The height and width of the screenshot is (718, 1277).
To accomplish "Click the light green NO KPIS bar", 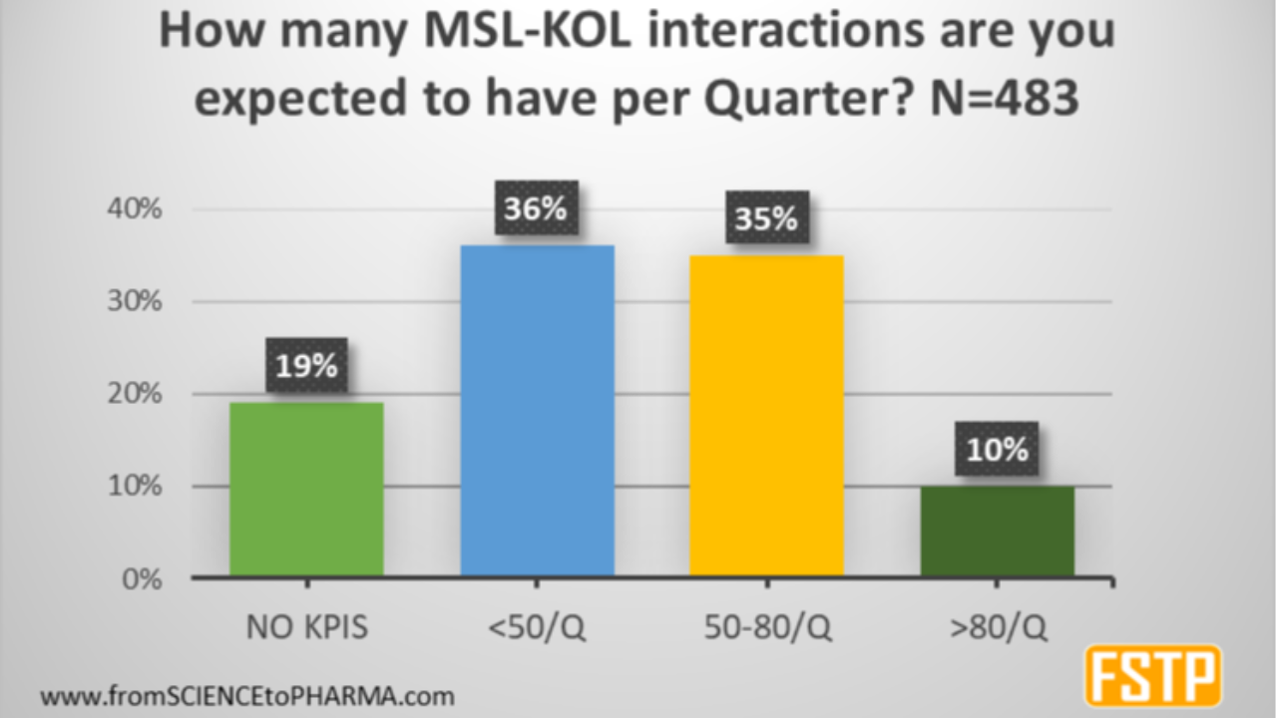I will point(306,489).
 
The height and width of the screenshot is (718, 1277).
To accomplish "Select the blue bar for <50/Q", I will point(537,411).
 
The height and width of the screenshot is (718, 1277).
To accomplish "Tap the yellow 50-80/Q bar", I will point(766,416).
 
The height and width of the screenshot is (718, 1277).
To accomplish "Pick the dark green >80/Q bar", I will point(997,531).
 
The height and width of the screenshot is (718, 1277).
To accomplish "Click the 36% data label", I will point(536,210).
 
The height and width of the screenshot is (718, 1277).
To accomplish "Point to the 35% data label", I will point(766,220).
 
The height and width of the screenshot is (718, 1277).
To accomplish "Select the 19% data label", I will point(306,366).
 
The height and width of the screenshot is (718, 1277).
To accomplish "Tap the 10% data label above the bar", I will point(997,450).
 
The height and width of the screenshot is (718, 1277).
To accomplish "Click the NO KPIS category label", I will point(306,628).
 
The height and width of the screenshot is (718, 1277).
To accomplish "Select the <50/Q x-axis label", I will point(536,628).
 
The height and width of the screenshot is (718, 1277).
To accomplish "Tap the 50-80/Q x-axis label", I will point(766,628).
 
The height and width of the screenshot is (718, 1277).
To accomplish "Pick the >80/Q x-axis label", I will point(997,628).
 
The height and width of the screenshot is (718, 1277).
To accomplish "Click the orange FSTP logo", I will point(1152,675).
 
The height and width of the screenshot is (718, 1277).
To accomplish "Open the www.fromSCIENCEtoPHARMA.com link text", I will point(246,694).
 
